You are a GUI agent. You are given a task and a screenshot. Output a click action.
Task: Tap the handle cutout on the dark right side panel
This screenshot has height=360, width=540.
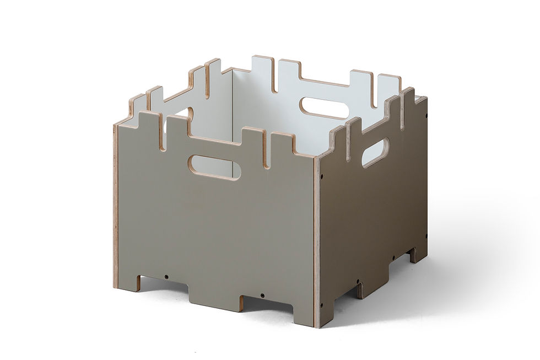point(375,152)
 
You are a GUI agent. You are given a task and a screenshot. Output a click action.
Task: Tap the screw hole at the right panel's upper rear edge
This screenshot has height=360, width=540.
point(426,116)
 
